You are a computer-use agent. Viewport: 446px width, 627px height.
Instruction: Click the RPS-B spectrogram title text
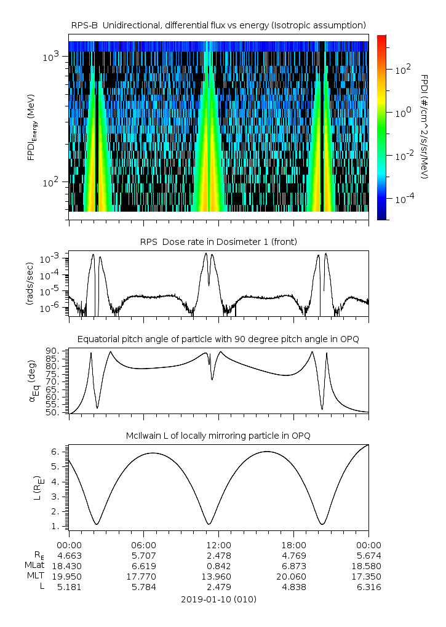(x=218, y=25)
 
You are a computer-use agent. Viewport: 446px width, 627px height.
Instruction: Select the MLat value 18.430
(x=69, y=565)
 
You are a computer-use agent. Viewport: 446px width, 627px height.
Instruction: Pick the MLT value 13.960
(x=218, y=577)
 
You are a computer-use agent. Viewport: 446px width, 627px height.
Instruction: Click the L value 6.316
(x=368, y=587)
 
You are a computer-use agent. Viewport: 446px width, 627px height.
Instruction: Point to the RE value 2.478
(x=218, y=555)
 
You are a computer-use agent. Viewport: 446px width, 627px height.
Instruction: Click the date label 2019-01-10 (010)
(x=218, y=599)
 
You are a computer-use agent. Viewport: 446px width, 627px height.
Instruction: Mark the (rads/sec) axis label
(x=30, y=284)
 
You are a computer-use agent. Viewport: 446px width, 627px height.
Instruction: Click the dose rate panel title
(x=218, y=242)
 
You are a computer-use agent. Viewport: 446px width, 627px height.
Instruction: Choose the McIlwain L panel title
(x=218, y=436)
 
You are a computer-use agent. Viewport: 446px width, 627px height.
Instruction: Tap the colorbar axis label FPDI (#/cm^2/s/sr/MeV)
(x=424, y=126)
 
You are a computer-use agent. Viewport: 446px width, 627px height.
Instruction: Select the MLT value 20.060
(x=293, y=577)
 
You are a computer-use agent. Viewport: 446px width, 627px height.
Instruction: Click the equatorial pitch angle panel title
(x=218, y=339)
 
